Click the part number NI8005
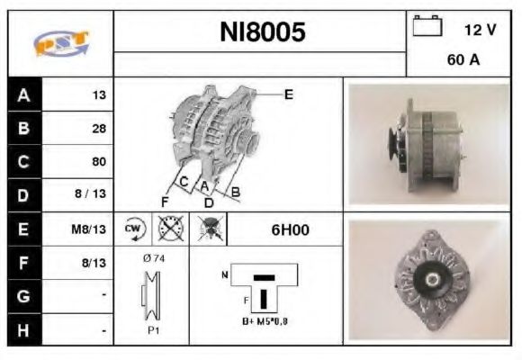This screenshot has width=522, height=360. [x=262, y=32]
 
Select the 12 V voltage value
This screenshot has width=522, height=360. [x=480, y=30]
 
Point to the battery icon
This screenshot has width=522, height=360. [x=426, y=27]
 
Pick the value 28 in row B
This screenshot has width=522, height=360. [x=99, y=129]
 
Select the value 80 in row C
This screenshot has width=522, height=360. [x=99, y=162]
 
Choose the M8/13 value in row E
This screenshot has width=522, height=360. [x=91, y=229]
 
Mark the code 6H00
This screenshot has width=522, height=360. [x=290, y=229]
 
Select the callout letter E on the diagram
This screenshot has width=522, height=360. [x=288, y=94]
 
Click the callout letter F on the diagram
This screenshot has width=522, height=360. [x=164, y=201]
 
